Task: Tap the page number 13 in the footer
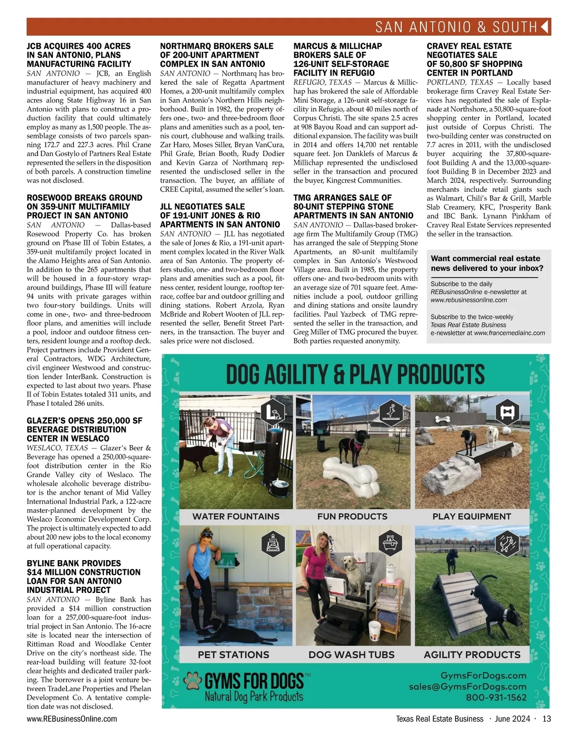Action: coord(546,719)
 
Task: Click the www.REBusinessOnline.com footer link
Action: coord(72,719)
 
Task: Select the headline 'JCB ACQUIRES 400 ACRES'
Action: coord(79,46)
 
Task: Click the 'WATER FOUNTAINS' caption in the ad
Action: coord(236,516)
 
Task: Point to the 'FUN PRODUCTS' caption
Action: coord(352,516)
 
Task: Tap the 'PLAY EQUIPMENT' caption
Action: coord(472,516)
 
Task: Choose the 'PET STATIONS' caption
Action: coord(233,655)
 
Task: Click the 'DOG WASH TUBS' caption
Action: coord(351,655)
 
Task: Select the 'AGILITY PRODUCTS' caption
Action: coord(472,655)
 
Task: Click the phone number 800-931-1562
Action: coord(496,697)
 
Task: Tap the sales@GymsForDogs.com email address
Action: coord(467,686)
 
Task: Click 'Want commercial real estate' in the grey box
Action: coord(486,259)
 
